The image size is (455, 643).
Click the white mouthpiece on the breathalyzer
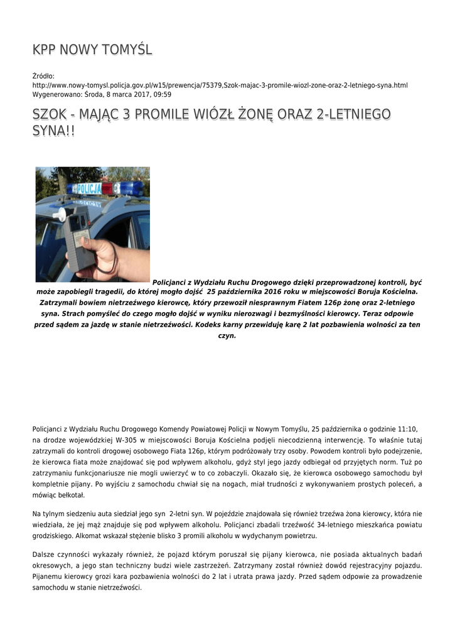point(61,214)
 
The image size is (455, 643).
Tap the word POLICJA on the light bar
point(88,188)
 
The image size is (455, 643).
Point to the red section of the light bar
point(108,188)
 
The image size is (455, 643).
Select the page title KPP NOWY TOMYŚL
point(92,50)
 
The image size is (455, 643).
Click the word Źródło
point(43,76)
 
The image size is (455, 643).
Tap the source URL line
point(220,85)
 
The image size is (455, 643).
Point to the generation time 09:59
point(163,94)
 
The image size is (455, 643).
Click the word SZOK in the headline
point(51,114)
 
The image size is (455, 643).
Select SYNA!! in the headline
point(53,131)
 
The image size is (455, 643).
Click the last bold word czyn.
point(227,335)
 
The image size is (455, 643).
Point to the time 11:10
point(408,429)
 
